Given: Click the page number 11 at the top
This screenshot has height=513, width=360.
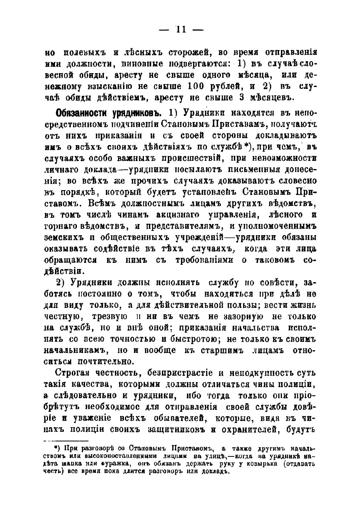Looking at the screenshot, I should (181, 30).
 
